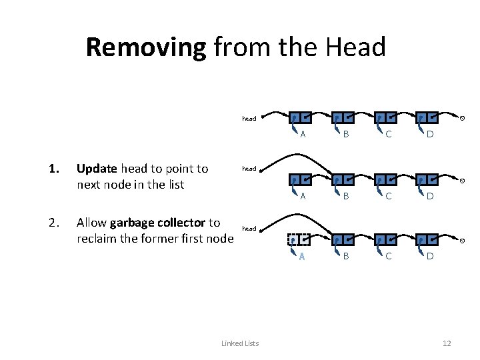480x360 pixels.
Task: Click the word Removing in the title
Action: pos(146,47)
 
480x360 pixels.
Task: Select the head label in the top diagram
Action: pos(249,119)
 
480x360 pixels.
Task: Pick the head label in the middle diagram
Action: pos(249,169)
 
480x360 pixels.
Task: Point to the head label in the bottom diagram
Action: pos(249,229)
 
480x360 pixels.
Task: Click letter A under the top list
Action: pos(303,135)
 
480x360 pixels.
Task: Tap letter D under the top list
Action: pos(430,135)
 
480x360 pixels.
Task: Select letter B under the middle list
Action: pos(345,196)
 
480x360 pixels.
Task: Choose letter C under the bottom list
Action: pos(387,256)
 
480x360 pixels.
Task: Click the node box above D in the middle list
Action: pos(427,180)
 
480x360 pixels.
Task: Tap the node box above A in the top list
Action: pos(300,118)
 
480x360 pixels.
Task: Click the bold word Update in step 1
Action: pos(97,169)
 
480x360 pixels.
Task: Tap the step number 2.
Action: pos(51,223)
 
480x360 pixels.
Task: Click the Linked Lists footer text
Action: pos(240,343)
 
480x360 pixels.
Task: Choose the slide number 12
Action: pos(447,343)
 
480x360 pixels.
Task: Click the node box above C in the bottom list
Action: pos(385,240)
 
